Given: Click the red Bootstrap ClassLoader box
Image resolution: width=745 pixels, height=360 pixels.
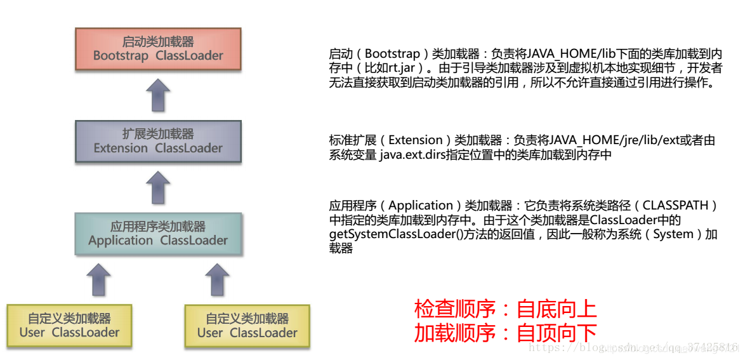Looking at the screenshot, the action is click(x=158, y=49).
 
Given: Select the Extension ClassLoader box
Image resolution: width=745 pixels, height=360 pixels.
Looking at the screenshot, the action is click(x=158, y=141).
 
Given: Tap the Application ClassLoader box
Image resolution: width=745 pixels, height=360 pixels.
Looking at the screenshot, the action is click(x=158, y=233).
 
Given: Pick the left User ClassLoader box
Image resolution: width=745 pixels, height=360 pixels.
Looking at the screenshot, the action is click(x=69, y=326).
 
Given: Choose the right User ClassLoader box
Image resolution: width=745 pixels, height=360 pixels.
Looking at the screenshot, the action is click(x=247, y=326).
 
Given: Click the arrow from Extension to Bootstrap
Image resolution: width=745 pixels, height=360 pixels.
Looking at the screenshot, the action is click(x=158, y=95).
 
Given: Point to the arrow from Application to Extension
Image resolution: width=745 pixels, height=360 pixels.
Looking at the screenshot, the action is click(x=158, y=187).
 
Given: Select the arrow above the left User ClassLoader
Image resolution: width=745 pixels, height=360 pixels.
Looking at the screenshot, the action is click(x=98, y=279).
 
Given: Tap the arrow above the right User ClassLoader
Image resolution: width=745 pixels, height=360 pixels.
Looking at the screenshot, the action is click(x=217, y=279).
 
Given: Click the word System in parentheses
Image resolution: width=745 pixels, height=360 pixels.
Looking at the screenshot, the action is click(x=673, y=234).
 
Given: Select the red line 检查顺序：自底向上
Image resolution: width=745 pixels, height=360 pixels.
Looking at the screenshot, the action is click(x=505, y=309).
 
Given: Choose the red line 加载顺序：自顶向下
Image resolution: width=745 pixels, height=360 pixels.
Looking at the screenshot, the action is click(x=505, y=333).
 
